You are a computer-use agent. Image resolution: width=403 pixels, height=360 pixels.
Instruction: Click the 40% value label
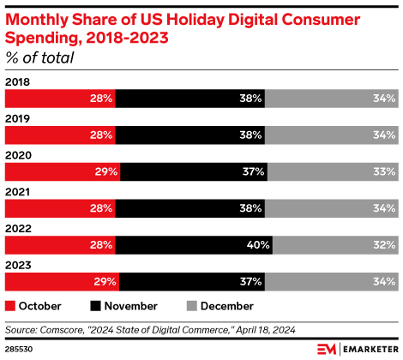tap(258, 245)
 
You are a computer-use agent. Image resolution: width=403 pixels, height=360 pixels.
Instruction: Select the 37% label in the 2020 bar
tap(250, 171)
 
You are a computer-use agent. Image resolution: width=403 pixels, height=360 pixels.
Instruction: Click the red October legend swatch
tap(10, 305)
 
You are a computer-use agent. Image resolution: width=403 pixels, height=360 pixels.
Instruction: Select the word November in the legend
tap(132, 305)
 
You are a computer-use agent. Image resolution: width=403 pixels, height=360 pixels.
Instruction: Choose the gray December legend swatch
tap(190, 305)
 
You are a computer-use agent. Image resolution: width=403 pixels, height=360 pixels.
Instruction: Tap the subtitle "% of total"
tap(39, 58)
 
